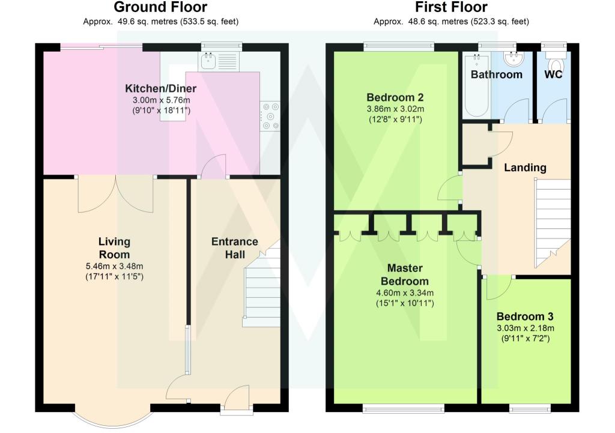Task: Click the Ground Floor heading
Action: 160,7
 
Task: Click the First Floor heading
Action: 451,7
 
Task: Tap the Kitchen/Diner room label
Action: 161,88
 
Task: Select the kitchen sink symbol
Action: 208,62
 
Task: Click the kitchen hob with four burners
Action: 270,116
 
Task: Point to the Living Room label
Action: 114,248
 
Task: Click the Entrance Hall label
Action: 235,248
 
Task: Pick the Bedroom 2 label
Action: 395,97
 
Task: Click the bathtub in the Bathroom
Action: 476,85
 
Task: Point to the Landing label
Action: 525,168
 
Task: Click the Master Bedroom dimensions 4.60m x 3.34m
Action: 405,292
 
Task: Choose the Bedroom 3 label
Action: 525,316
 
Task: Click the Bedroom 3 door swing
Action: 498,288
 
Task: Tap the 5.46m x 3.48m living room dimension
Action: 114,266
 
